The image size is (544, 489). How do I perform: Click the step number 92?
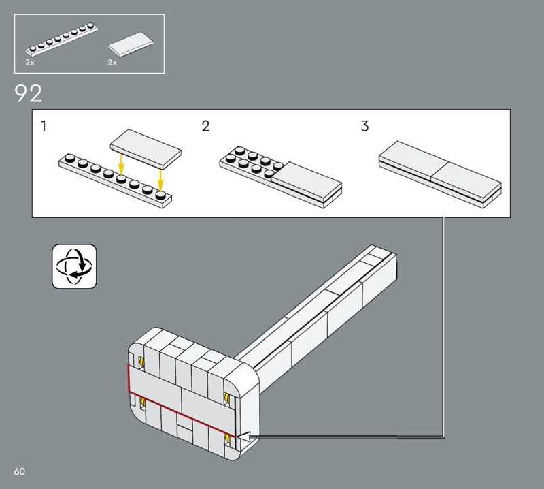pos(28,93)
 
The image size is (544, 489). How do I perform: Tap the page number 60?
pos(20,471)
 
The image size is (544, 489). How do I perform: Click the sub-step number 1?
pos(44,126)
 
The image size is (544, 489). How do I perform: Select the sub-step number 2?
pos(206,126)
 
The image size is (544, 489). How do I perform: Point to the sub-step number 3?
pos(364,126)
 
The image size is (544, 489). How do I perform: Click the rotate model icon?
pos(74,266)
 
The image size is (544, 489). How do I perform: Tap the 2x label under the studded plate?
pos(30,63)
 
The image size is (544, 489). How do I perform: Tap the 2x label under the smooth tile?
pos(112,63)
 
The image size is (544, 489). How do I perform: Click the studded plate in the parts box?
pos(62,40)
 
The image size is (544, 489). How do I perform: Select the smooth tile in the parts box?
pos(131,44)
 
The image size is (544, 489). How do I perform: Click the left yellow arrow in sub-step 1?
pos(121,165)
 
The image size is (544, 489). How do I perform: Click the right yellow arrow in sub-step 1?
pos(160,180)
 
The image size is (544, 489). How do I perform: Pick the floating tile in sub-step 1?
pos(146,149)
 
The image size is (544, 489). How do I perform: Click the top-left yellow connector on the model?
pos(141,362)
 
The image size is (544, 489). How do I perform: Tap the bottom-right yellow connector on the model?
pos(227,439)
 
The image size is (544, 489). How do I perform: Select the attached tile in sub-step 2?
pos(307,182)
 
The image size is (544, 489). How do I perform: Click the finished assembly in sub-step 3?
pos(440,174)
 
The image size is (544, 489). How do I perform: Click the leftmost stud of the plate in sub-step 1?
pos(70,158)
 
